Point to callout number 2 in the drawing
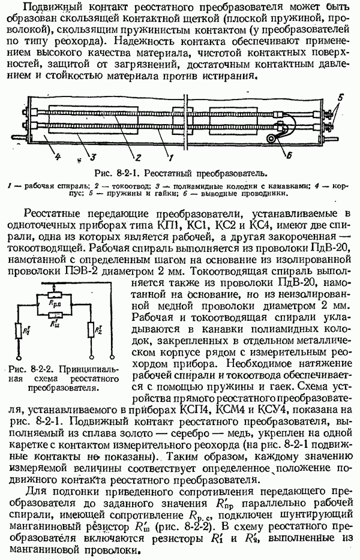pyautogui.click(x=137, y=158)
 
